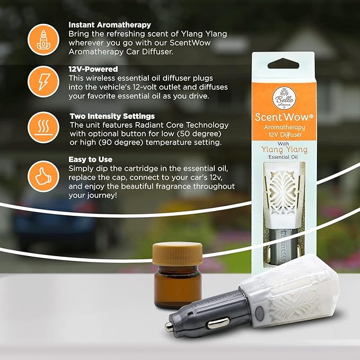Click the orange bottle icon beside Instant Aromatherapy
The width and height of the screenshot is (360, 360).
(43, 40)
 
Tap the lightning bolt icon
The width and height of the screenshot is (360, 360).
(43, 82)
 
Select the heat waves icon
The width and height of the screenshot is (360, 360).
(43, 127)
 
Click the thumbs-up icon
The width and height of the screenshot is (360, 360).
(43, 177)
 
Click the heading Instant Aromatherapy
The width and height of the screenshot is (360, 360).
(110, 25)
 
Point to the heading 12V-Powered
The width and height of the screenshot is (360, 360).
(93, 69)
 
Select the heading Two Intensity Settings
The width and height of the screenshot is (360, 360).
(112, 116)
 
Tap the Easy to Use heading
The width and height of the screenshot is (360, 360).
(91, 160)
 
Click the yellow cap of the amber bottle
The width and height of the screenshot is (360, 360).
(177, 254)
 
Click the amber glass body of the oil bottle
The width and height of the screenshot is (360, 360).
(177, 287)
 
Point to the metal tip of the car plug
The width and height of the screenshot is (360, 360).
(169, 327)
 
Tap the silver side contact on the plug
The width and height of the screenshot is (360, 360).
(218, 323)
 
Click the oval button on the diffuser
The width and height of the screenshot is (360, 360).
(259, 313)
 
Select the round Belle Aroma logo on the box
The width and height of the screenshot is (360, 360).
(284, 98)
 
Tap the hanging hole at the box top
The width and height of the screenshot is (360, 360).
(284, 64)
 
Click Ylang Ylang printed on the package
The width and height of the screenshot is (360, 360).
(284, 150)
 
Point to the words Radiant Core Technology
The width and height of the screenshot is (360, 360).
(182, 125)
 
